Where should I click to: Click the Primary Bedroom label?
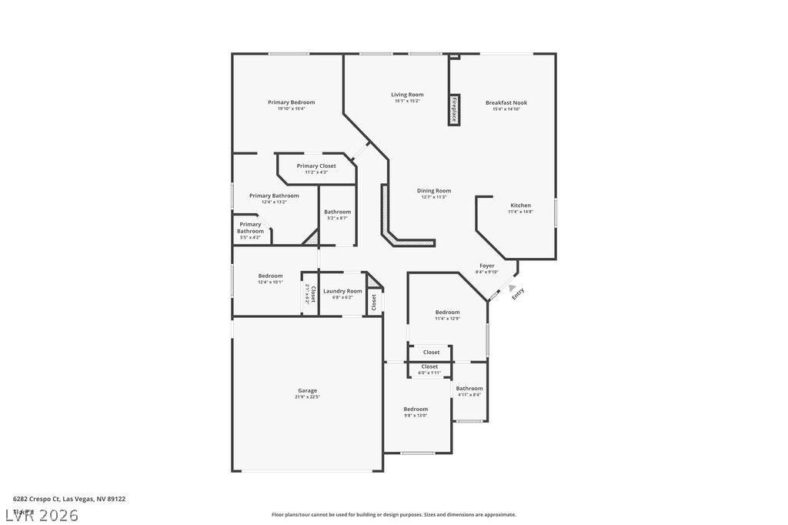[291, 102]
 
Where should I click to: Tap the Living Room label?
[407, 95]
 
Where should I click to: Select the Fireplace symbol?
[454, 110]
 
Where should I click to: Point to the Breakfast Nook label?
[506, 102]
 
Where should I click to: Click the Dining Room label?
[434, 191]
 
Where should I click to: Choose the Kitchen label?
[521, 206]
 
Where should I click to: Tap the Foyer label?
[487, 266]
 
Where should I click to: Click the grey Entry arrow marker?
[512, 288]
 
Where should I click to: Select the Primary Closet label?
[316, 166]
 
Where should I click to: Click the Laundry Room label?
[342, 291]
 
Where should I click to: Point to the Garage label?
[308, 390]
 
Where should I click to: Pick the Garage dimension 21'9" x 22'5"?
[308, 397]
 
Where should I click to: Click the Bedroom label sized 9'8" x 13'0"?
[416, 409]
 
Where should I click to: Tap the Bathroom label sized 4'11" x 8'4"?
[469, 389]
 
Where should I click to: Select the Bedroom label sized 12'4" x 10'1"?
[270, 276]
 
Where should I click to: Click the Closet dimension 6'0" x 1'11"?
[429, 373]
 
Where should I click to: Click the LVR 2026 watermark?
[42, 515]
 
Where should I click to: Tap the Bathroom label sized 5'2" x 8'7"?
[337, 212]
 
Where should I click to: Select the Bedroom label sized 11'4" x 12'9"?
[447, 312]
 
